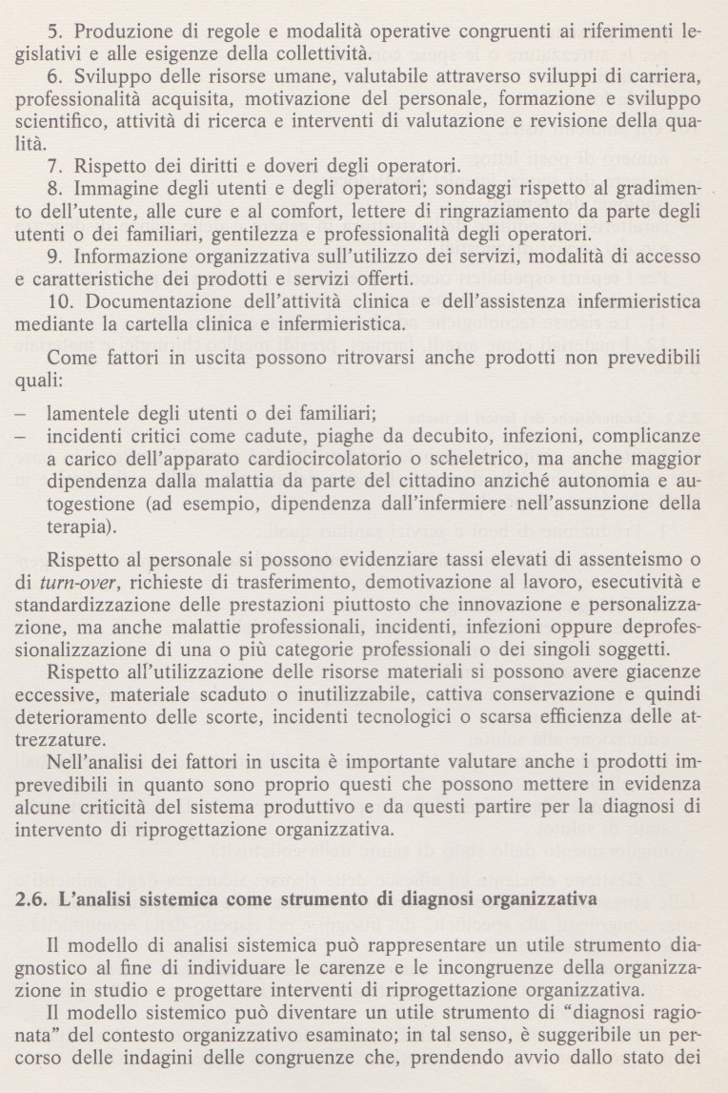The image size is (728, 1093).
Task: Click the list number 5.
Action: (52, 31)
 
